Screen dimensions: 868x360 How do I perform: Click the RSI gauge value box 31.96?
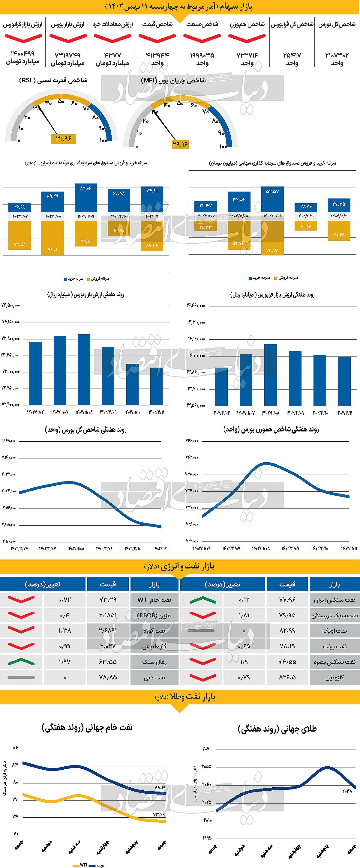(x=63, y=139)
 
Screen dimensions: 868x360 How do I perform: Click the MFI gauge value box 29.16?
(x=180, y=144)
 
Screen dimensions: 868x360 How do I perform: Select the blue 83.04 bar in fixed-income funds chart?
(x=85, y=198)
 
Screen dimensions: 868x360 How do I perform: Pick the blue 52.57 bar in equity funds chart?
(x=272, y=199)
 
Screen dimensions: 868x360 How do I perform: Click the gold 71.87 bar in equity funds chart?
(x=272, y=237)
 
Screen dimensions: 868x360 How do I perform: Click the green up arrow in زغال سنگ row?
(x=21, y=661)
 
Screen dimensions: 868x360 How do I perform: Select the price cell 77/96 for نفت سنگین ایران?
(x=287, y=600)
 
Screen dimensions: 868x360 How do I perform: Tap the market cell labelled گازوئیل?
(x=334, y=677)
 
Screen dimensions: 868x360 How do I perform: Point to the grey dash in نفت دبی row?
(x=21, y=677)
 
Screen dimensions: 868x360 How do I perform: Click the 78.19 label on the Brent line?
(x=160, y=787)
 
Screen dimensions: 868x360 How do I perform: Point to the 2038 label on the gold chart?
(x=347, y=791)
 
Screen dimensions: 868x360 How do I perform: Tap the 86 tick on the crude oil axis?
(x=15, y=748)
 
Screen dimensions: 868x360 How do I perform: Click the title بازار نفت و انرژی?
(x=180, y=566)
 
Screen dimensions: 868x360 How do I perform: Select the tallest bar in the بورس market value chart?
(x=84, y=369)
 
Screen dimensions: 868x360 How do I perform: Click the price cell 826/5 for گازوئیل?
(x=287, y=677)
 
